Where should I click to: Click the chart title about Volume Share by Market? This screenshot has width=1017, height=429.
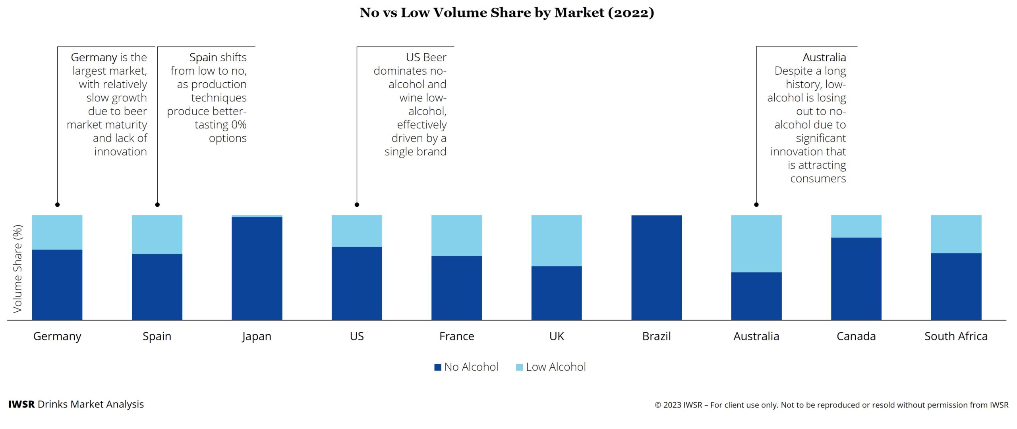[x=507, y=13]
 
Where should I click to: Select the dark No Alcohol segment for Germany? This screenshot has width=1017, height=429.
[x=57, y=285]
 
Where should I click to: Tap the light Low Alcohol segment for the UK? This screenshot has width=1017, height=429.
[x=557, y=241]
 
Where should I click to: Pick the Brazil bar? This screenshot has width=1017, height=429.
[x=656, y=268]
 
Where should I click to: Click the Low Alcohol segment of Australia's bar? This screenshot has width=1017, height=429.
[x=756, y=243]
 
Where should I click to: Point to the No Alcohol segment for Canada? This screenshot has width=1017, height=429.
[x=856, y=279]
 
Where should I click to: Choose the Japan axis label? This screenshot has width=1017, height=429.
[x=257, y=336]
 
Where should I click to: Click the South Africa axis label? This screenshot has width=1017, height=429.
[x=956, y=336]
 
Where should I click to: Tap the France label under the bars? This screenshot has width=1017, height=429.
[x=456, y=336]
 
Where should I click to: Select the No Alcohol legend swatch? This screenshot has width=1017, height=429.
[x=438, y=367]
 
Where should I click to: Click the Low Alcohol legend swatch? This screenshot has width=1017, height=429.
[x=519, y=367]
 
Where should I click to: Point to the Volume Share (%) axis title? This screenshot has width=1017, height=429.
[x=17, y=269]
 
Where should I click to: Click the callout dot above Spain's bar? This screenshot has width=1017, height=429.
[x=157, y=205]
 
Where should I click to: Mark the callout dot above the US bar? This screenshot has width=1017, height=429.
[x=357, y=205]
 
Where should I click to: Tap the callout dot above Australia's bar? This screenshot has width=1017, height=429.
[x=756, y=205]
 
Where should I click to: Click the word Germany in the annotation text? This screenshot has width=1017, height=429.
[x=94, y=58]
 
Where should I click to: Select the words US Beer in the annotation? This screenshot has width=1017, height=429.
[x=426, y=58]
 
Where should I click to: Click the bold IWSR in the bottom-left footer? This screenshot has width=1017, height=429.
[x=21, y=404]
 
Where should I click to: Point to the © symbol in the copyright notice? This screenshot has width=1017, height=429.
[x=658, y=405]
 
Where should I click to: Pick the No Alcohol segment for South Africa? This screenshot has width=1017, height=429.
[x=956, y=286]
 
